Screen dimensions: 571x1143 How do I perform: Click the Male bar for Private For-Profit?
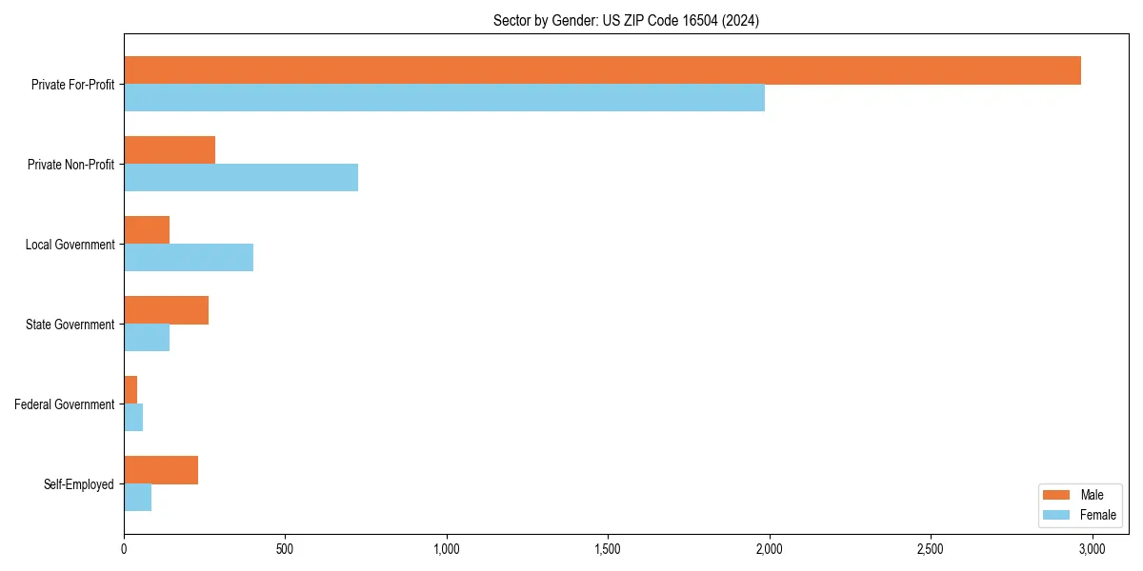tap(602, 70)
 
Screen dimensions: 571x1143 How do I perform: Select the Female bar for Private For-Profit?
tap(444, 98)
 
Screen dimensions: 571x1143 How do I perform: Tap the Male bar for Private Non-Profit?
tap(170, 150)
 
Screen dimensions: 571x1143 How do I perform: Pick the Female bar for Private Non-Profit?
tap(241, 178)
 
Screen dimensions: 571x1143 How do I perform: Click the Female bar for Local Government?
tap(189, 258)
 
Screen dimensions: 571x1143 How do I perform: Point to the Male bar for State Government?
tap(166, 310)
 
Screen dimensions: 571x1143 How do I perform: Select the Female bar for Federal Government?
tap(133, 418)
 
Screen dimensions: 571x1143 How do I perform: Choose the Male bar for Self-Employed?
tap(161, 470)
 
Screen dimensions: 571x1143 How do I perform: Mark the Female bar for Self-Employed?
tap(137, 498)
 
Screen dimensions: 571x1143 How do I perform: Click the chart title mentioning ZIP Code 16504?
tap(626, 20)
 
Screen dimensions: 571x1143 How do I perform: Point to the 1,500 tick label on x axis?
tap(608, 549)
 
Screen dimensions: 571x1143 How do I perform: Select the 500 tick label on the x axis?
tap(285, 549)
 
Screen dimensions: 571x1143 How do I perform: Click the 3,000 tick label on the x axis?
tap(1092, 549)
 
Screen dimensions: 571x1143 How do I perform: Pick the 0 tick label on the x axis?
tap(124, 549)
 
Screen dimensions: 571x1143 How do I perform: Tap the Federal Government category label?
tap(65, 404)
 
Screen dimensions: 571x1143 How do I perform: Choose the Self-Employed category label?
tap(79, 484)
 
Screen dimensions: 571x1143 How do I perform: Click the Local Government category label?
tap(70, 245)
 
